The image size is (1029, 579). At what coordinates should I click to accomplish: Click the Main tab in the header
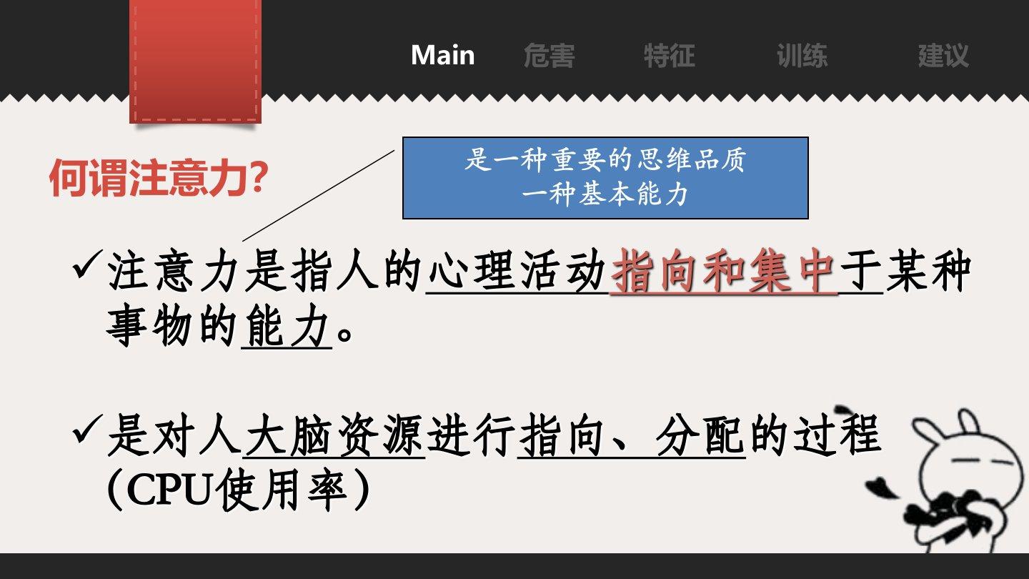443,55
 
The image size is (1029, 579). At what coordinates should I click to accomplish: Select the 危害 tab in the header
550,56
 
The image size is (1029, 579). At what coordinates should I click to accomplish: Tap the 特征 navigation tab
670,56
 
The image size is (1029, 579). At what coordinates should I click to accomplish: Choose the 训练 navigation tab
802,56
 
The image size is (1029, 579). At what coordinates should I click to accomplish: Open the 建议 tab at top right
943,56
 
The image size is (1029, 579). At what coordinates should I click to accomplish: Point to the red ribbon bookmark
196,61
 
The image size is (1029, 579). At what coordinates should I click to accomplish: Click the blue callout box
605,178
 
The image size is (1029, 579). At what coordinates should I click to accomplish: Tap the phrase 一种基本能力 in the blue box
605,194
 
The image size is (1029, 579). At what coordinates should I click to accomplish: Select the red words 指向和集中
723,271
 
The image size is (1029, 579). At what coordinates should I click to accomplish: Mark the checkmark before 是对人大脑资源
86,429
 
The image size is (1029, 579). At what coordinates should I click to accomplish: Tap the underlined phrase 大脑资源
334,435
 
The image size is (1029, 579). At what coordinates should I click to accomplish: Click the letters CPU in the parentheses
169,490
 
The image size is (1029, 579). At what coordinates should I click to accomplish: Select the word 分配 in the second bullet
700,435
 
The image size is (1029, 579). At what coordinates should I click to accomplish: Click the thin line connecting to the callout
319,195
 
